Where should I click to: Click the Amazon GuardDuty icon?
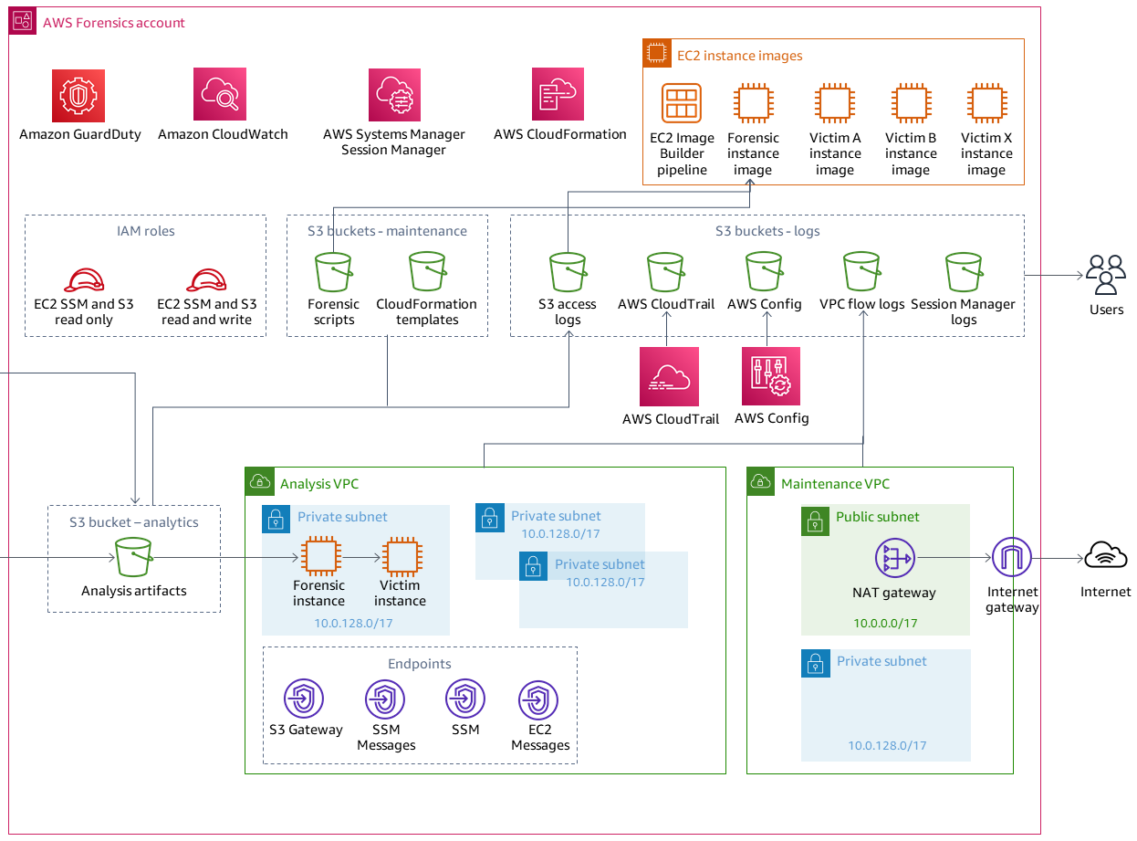[x=78, y=94]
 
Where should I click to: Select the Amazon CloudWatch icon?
[x=220, y=94]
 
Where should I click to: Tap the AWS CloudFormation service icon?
[x=558, y=94]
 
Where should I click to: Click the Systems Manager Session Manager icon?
[x=394, y=94]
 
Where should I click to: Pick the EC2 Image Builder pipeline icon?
[x=682, y=103]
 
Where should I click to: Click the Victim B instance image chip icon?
[x=911, y=103]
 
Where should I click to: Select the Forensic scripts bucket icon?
[x=333, y=271]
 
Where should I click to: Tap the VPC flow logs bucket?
[x=862, y=271]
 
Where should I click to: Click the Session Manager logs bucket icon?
[x=964, y=271]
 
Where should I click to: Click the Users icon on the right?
[x=1105, y=274]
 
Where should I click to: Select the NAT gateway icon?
[x=893, y=558]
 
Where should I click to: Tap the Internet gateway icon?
[x=1011, y=557]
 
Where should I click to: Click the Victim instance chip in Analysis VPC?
[x=400, y=557]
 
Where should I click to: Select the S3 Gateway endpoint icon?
[x=305, y=699]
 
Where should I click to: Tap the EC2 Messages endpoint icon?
[x=538, y=700]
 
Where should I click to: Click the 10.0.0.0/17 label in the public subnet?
[x=885, y=623]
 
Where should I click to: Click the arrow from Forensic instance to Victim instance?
[x=360, y=557]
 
